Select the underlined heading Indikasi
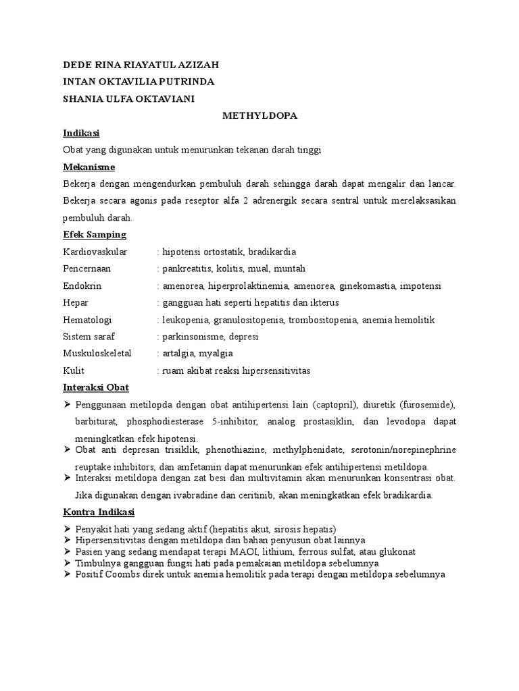coord(81,133)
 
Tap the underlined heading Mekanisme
coord(89,167)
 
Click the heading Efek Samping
coord(94,234)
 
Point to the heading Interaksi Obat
coord(95,387)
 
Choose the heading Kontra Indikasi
coord(98,512)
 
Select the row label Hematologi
coord(87,319)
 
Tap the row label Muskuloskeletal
coord(97,353)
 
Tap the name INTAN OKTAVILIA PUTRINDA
coord(138,82)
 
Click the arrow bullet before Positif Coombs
coord(67,575)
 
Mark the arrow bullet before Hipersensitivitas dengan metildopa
coord(67,540)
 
